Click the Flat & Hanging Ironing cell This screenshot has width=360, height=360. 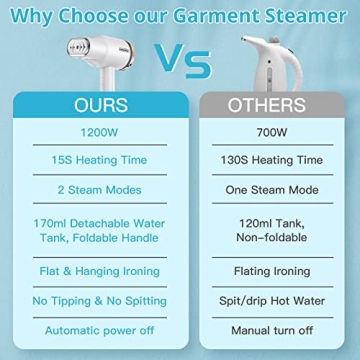[x=90, y=270]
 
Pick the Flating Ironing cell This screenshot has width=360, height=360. [x=267, y=270]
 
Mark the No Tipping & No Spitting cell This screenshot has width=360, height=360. [x=90, y=299]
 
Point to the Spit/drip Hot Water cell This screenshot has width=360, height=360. [x=267, y=299]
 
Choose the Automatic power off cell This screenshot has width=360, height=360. [x=90, y=329]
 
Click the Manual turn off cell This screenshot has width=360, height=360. [x=267, y=329]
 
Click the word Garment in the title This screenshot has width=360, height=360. [x=223, y=15]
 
